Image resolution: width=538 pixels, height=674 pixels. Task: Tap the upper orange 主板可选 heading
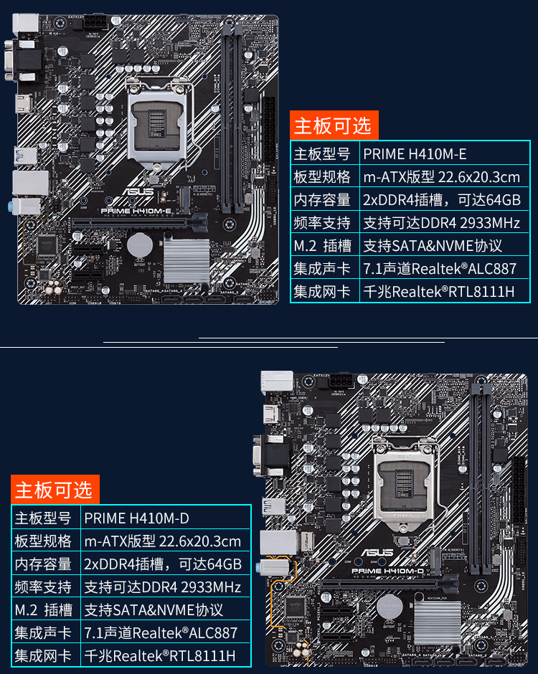332,125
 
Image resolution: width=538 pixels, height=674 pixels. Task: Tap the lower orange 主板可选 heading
54,490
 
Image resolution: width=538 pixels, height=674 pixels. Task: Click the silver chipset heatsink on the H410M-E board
187,259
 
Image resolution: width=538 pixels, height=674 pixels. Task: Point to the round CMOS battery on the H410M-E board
139,245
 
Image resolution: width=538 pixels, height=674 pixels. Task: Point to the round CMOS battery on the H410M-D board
390,607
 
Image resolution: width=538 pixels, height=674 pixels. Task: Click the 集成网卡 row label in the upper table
323,292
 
